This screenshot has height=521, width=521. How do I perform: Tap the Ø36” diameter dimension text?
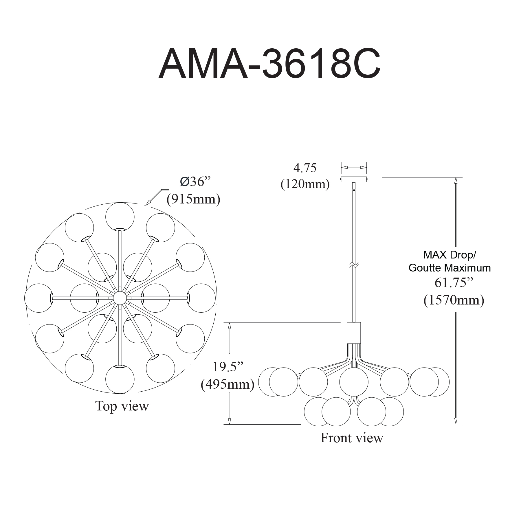point(195,181)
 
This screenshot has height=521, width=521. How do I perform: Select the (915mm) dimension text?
point(193,199)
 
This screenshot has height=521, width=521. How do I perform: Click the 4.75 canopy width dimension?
point(305,168)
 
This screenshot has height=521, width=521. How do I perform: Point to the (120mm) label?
point(305,184)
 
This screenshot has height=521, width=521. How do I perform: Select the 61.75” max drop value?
point(454,282)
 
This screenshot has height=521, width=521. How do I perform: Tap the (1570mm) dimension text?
point(454,300)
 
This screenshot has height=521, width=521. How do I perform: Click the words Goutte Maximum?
point(450,268)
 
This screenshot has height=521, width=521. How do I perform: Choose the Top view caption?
point(122,406)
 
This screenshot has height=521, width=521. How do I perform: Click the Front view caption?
point(352,438)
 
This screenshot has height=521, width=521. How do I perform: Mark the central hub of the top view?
point(120,298)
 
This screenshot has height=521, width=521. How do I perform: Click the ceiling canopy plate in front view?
point(354,179)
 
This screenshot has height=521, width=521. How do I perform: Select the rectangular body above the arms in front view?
point(354,333)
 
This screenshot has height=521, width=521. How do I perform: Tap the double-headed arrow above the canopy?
point(354,167)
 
